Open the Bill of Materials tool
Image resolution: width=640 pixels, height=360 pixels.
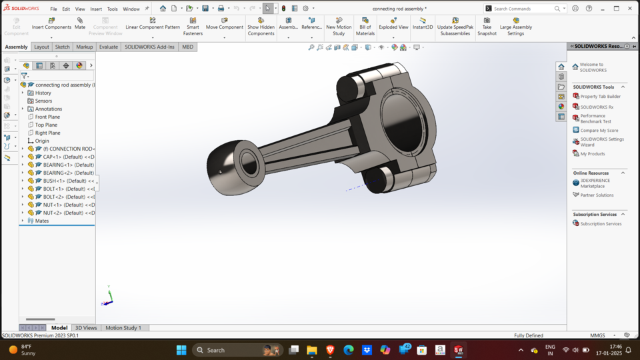[x=365, y=27]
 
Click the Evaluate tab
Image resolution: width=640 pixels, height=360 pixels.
[x=109, y=47]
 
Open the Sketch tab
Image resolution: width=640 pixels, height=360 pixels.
[x=62, y=47]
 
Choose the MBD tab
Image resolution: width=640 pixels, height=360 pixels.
[x=187, y=47]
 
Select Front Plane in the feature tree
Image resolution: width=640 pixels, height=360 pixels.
[x=47, y=117]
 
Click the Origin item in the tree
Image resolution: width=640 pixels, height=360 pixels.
[x=42, y=141]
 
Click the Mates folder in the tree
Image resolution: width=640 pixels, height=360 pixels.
[x=41, y=221]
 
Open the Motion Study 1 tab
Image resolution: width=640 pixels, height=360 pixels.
[x=123, y=328]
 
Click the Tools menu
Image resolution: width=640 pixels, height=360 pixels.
[x=113, y=9]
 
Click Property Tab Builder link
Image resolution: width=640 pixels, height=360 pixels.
[x=600, y=97]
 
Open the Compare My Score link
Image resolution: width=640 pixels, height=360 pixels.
[x=599, y=131]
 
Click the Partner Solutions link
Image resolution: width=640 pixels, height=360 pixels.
[x=597, y=195]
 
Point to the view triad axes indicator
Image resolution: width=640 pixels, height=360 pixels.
[x=109, y=297]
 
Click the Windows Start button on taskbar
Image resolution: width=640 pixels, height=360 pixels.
[x=181, y=350]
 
